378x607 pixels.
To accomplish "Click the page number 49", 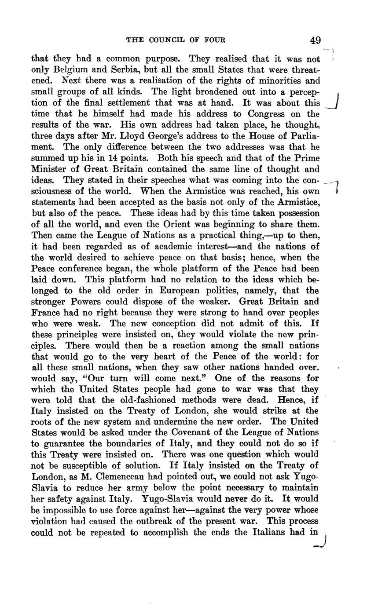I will pyautogui.click(x=315, y=40).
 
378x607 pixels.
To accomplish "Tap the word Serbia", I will pyautogui.click(x=119, y=70).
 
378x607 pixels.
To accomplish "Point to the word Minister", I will pyautogui.click(x=49, y=169).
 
